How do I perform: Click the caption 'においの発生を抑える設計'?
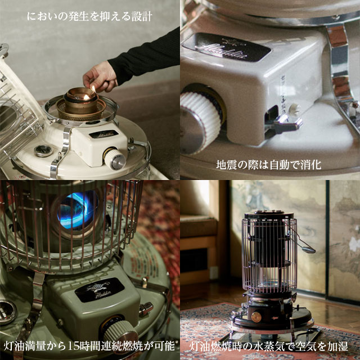tap(90, 16)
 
